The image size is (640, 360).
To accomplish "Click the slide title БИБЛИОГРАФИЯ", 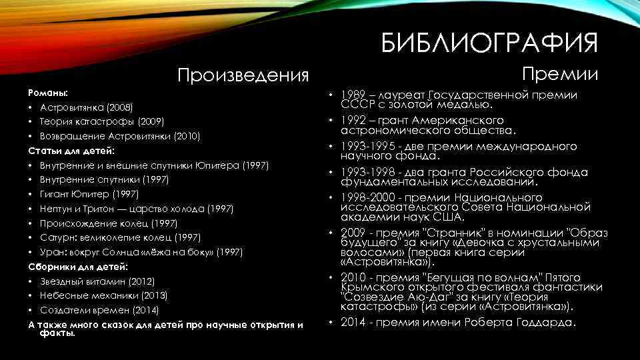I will pos(490,43).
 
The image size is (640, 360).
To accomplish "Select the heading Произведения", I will pos(243,75).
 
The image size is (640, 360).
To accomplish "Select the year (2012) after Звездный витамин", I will pos(141,281).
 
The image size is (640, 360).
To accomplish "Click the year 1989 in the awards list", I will pos(354,95).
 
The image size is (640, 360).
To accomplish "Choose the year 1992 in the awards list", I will pos(354,121).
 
